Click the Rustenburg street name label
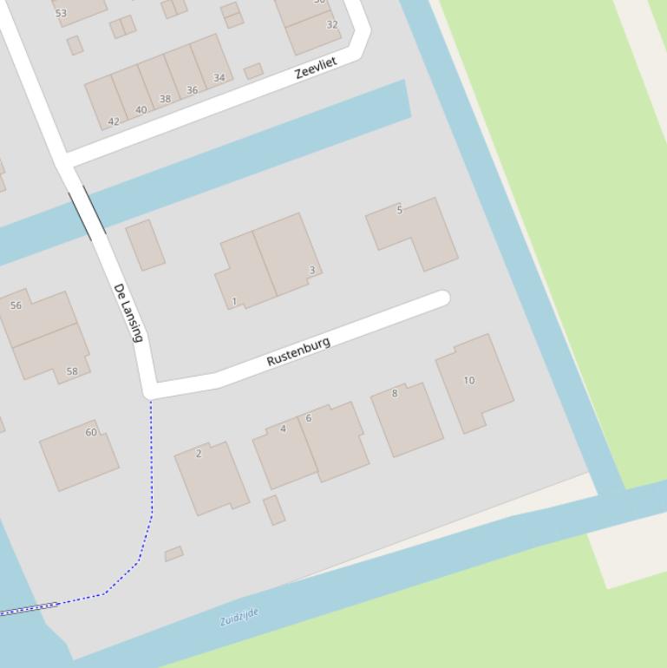pyautogui.click(x=298, y=351)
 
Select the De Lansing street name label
pyautogui.click(x=128, y=312)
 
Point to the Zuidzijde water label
pyautogui.click(x=239, y=618)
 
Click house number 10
pyautogui.click(x=469, y=380)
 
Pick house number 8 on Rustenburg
pyautogui.click(x=395, y=393)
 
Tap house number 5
pyautogui.click(x=400, y=210)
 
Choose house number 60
pyautogui.click(x=91, y=432)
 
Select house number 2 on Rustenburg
pyautogui.click(x=199, y=453)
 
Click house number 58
pyautogui.click(x=72, y=371)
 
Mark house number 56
pyautogui.click(x=16, y=305)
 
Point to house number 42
pyautogui.click(x=114, y=121)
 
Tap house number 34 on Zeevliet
pyautogui.click(x=219, y=78)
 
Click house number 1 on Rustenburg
pyautogui.click(x=234, y=302)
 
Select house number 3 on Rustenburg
pyautogui.click(x=312, y=270)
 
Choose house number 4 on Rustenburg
pyautogui.click(x=283, y=429)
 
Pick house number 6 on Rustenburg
pyautogui.click(x=308, y=418)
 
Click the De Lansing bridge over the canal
pyautogui.click(x=88, y=212)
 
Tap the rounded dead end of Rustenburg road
pyautogui.click(x=442, y=298)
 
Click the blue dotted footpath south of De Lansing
pyautogui.click(x=151, y=486)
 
